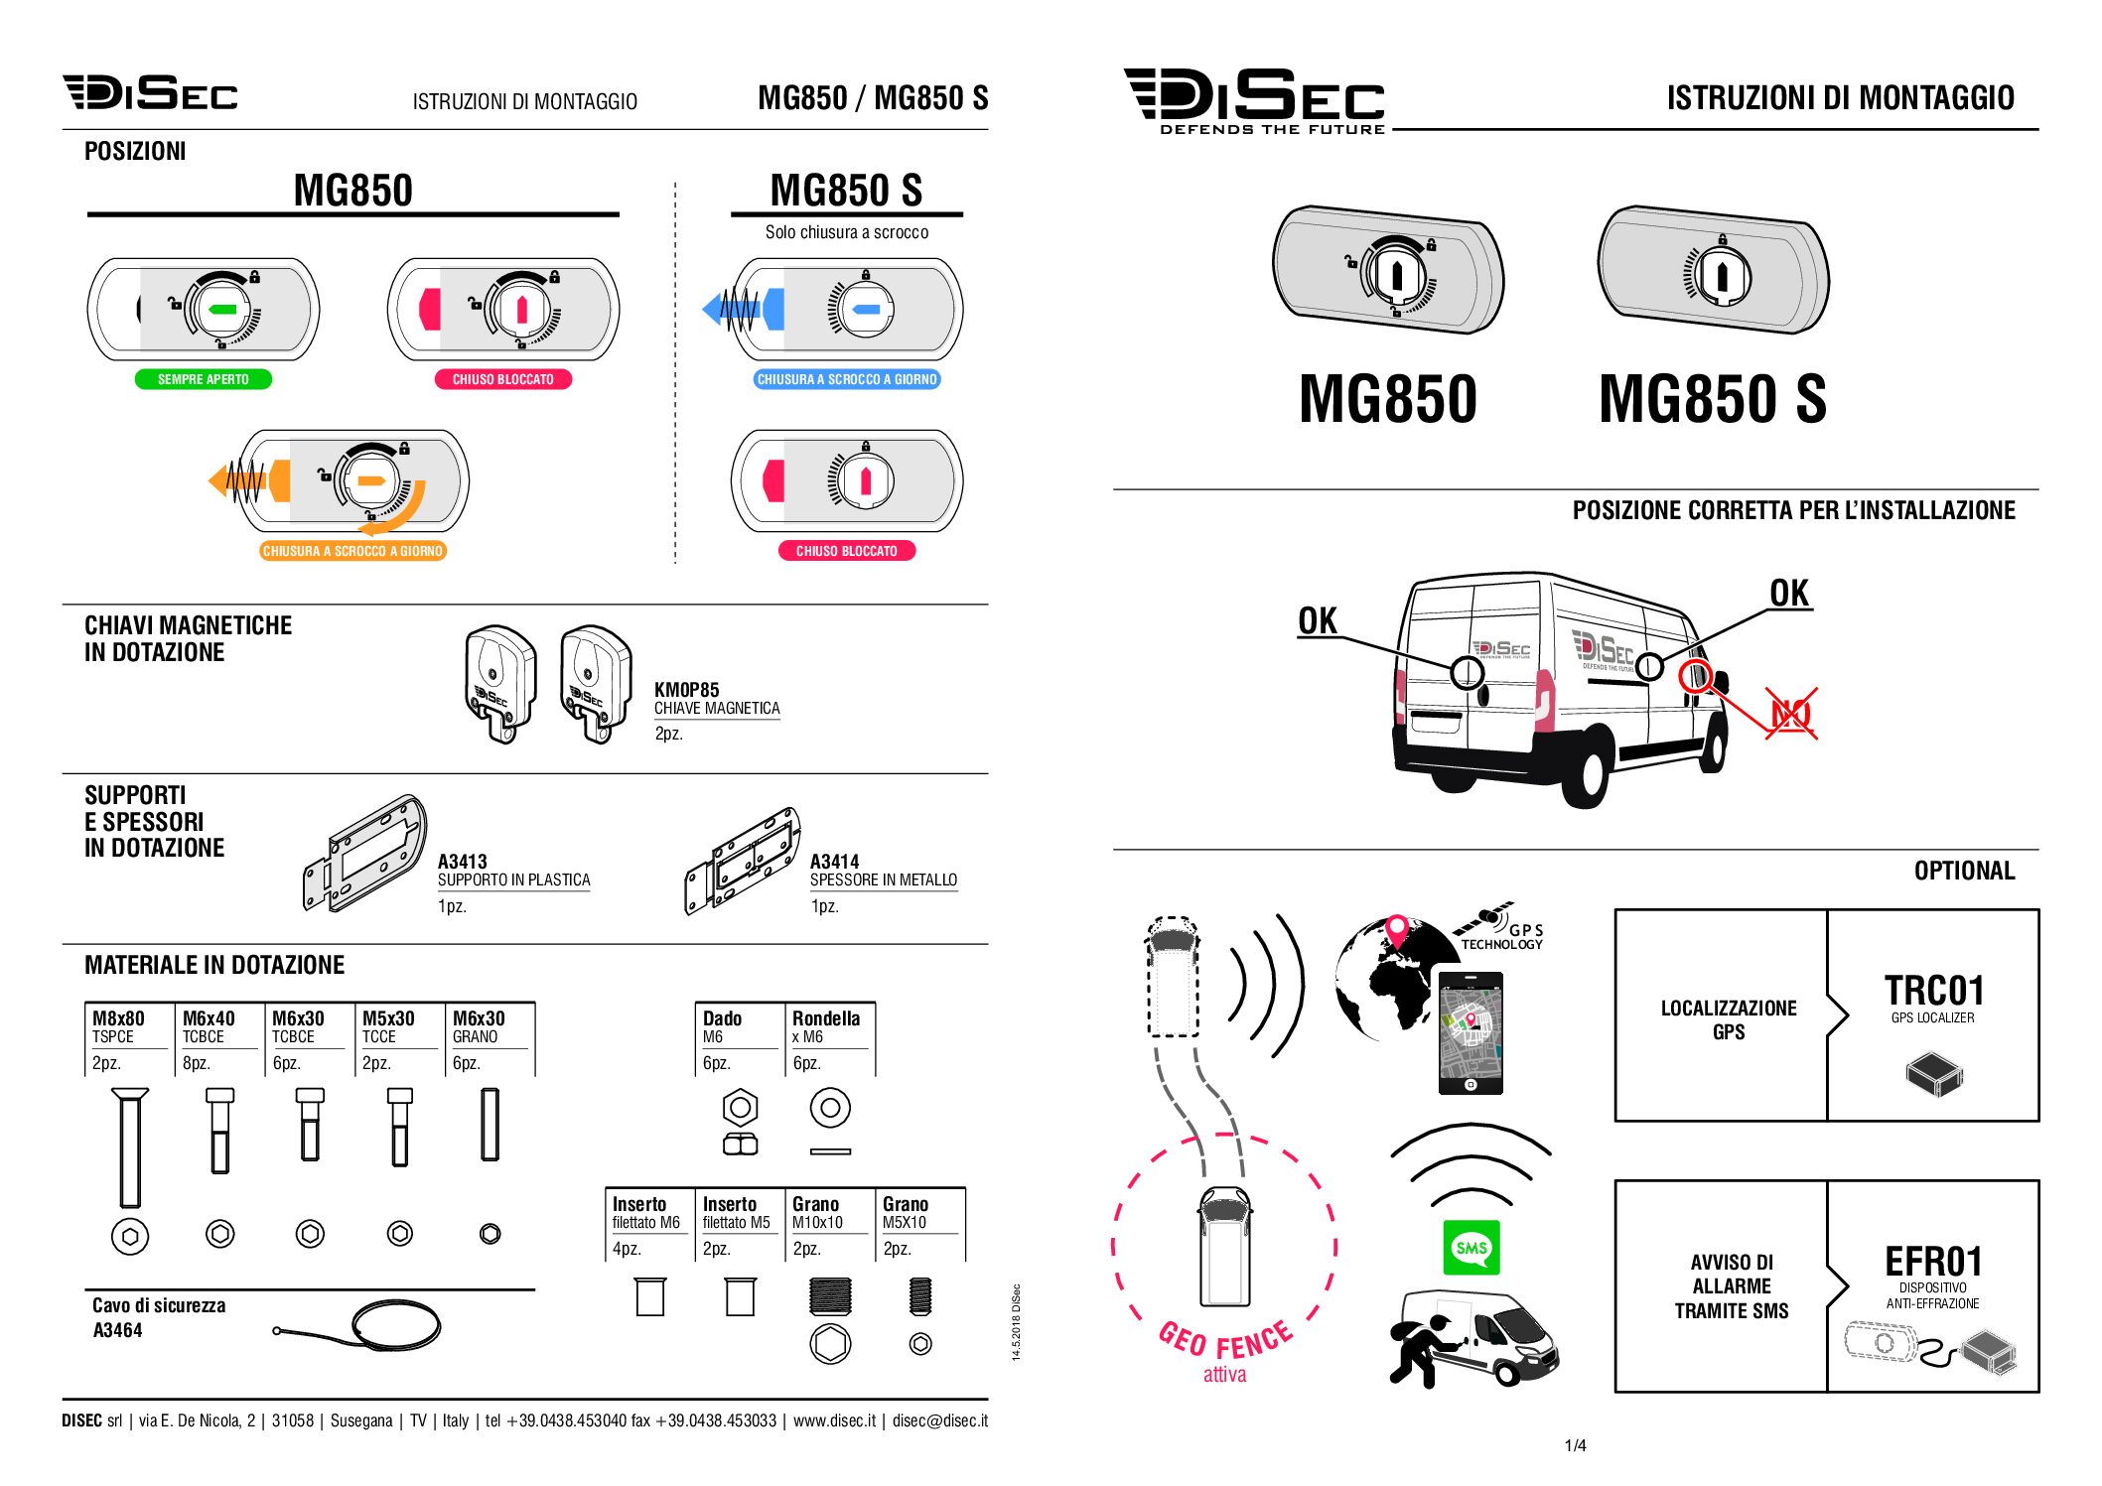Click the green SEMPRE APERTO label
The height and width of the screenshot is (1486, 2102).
204,379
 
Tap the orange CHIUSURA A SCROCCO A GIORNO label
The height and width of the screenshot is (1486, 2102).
352,551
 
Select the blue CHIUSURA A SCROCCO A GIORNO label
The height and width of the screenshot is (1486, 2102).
847,379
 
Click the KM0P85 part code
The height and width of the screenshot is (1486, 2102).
687,690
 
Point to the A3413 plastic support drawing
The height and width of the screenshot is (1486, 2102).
365,853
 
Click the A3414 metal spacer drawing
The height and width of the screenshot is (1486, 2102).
743,861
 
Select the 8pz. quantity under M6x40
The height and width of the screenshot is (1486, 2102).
197,1063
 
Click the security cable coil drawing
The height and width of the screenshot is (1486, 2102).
396,1325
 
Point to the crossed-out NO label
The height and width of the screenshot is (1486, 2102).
1791,714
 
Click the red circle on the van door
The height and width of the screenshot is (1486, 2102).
1695,676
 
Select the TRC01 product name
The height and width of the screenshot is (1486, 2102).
1934,991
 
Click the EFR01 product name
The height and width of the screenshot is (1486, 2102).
1934,1262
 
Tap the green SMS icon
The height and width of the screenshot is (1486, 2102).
1471,1248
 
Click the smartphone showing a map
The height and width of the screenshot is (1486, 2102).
1471,1033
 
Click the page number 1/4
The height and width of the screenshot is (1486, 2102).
1576,1445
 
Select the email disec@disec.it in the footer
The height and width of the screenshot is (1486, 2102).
940,1420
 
